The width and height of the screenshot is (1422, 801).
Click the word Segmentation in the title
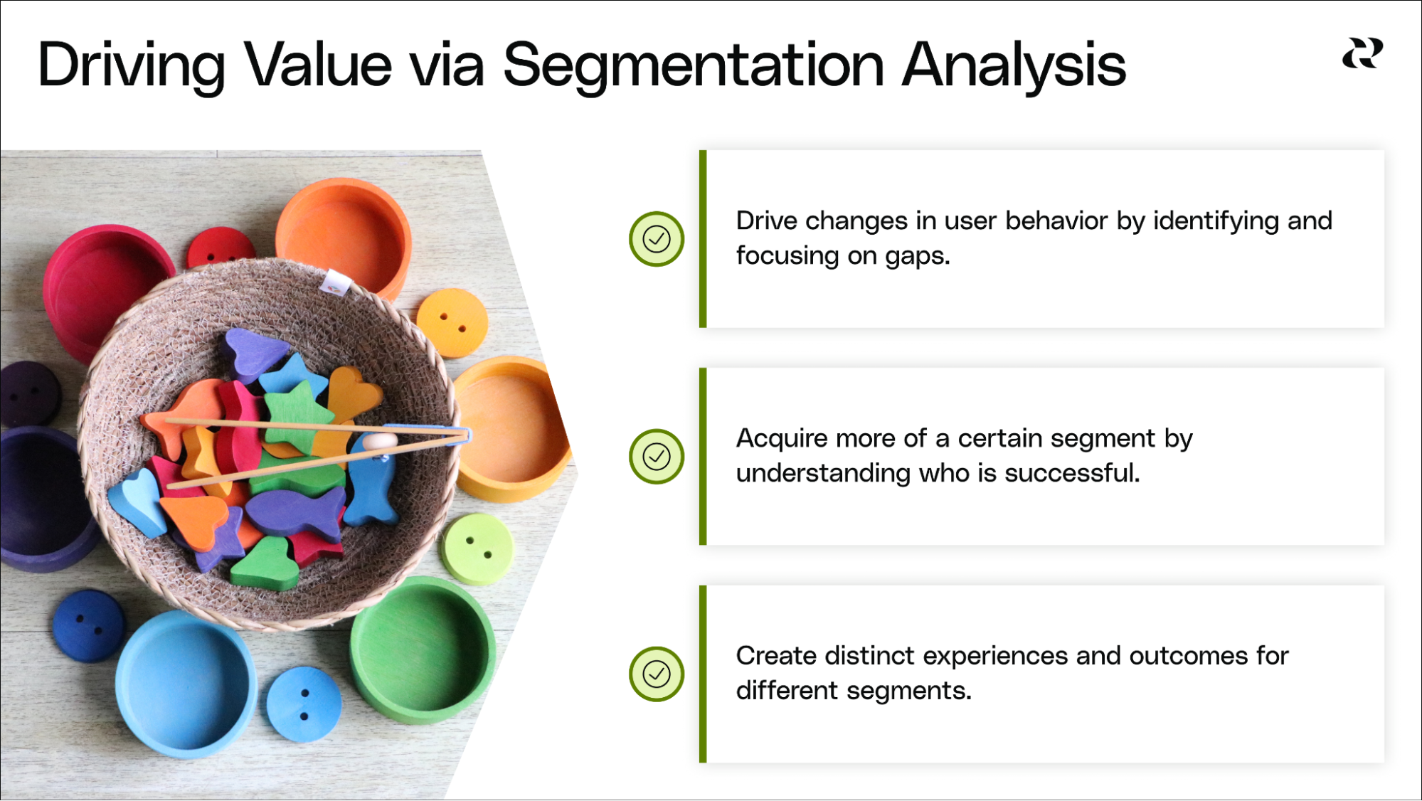tap(694, 66)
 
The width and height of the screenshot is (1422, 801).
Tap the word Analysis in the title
tap(1014, 66)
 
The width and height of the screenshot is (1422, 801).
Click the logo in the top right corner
tap(1362, 54)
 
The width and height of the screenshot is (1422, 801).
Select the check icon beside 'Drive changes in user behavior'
tap(657, 239)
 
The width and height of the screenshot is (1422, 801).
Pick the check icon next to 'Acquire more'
tap(657, 457)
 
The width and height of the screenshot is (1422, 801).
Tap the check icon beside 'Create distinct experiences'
tap(657, 674)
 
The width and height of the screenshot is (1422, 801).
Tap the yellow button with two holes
tap(452, 323)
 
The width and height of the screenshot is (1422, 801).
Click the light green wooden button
tap(477, 548)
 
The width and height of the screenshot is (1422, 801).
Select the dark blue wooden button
tap(89, 626)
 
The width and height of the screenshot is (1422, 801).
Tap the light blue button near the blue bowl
tap(304, 704)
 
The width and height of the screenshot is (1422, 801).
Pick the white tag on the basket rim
tap(334, 282)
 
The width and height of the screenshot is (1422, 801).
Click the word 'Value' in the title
tap(318, 66)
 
